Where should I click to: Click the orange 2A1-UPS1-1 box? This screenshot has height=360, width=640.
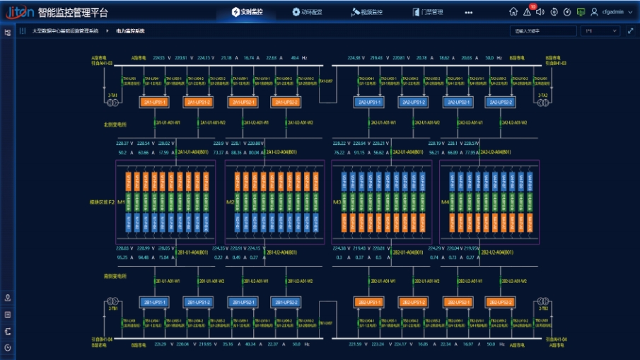[x=155, y=103]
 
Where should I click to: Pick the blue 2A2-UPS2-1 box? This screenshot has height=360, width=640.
[x=458, y=103]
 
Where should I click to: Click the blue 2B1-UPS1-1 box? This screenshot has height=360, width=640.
[x=155, y=302]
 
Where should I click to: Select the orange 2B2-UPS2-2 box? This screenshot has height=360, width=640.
[x=499, y=302]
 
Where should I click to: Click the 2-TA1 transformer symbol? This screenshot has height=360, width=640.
[x=112, y=103]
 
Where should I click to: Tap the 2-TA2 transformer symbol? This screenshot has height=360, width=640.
[x=543, y=103]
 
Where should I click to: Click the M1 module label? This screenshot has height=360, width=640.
[x=121, y=202]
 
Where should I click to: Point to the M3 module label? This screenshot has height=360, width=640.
[x=337, y=202]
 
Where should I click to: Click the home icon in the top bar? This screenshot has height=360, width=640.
[x=513, y=12]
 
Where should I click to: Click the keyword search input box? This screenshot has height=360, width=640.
[x=541, y=31]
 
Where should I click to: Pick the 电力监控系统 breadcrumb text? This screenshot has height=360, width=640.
[x=130, y=31]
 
